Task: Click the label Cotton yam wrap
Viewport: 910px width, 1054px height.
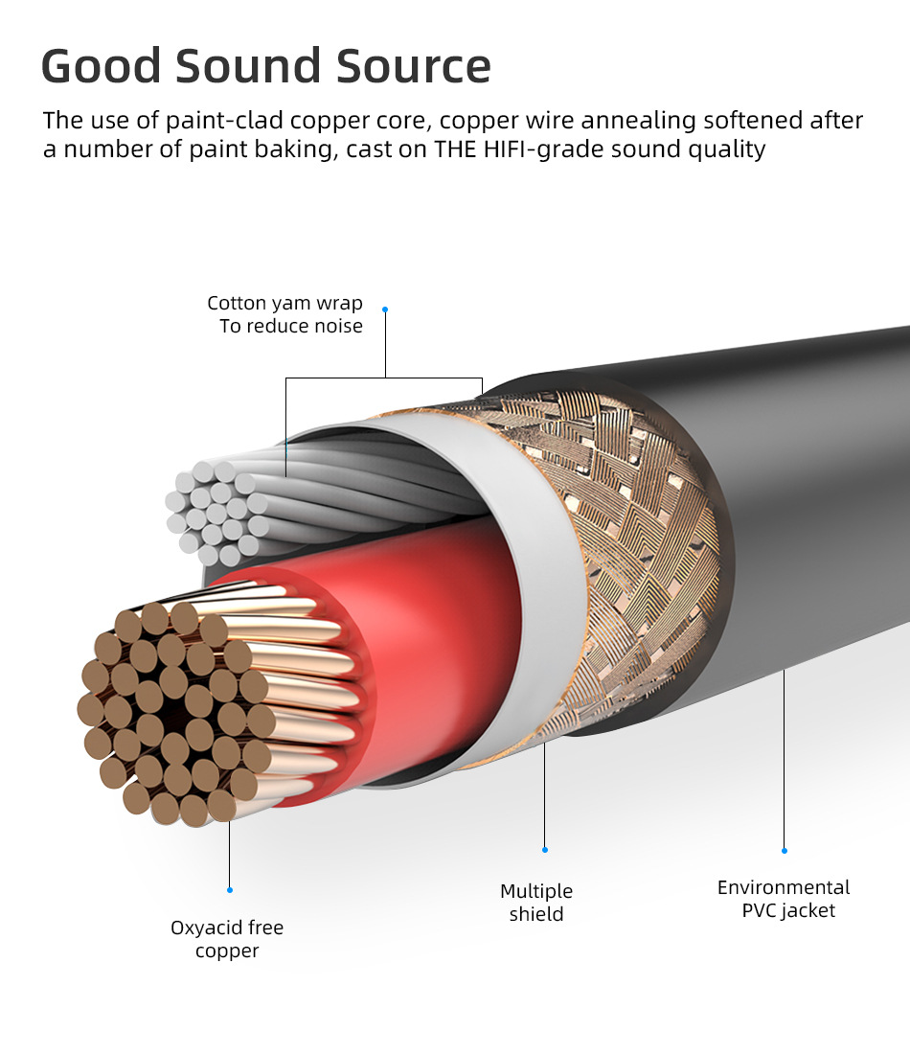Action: (x=284, y=304)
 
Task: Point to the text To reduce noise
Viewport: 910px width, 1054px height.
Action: (x=290, y=327)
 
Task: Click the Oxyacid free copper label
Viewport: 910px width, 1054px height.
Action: (x=227, y=939)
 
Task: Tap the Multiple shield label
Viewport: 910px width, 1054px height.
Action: (x=536, y=903)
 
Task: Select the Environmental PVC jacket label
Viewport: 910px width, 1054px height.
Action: (x=785, y=899)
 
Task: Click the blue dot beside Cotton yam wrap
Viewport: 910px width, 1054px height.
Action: (x=385, y=309)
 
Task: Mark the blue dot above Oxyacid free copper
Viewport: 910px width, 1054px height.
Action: (x=230, y=890)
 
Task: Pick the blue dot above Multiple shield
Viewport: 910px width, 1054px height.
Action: (x=545, y=850)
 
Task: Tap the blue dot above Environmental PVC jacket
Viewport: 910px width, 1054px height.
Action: (x=785, y=851)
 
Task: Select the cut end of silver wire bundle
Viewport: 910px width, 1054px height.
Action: (x=216, y=513)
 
